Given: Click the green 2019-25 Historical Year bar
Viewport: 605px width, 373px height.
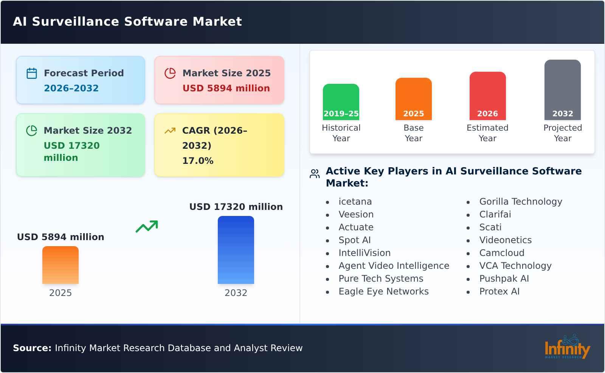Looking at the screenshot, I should tap(341, 102).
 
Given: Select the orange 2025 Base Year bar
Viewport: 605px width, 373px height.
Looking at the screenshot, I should tap(413, 99).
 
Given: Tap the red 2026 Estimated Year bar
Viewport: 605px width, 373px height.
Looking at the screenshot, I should tap(487, 96).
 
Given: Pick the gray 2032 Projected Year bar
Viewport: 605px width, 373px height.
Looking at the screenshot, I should tap(562, 89).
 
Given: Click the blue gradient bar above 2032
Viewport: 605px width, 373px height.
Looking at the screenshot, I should tap(236, 250).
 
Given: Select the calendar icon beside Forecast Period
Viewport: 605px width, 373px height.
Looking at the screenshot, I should tap(32, 73).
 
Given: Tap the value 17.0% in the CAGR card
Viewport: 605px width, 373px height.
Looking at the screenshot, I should tap(198, 161).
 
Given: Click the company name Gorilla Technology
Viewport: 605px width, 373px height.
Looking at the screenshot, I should tap(520, 202).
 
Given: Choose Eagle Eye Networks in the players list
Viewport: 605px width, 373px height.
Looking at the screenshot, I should tap(383, 291).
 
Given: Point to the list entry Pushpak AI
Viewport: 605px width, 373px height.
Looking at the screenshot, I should tap(504, 279).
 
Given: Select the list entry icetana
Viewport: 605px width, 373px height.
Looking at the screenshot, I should tap(355, 202).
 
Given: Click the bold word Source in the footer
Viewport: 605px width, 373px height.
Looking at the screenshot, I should tap(32, 348).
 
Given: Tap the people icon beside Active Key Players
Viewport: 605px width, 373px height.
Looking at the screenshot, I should tap(315, 174).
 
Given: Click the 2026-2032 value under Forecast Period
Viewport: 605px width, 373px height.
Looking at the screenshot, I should tap(71, 88).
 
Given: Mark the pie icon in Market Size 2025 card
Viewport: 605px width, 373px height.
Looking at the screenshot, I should tap(170, 73).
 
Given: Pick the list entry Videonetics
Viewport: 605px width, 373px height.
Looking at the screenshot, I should tap(505, 240).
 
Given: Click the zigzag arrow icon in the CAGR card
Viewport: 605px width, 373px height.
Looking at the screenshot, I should tap(170, 131).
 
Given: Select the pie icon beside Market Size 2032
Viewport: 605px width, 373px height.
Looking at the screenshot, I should tap(32, 131).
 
